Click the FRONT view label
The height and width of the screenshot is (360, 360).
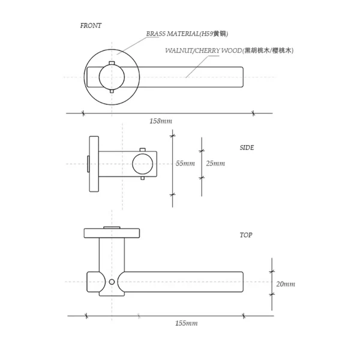pyautogui.click(x=91, y=26)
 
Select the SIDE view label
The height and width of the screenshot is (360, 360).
pyautogui.click(x=247, y=148)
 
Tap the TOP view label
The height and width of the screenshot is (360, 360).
pyautogui.click(x=245, y=235)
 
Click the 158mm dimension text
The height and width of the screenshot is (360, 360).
pyautogui.click(x=161, y=121)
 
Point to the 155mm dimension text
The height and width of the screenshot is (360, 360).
pyautogui.click(x=186, y=323)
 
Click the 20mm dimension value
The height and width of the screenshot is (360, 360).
pyautogui.click(x=285, y=284)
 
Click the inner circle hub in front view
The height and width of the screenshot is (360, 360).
pyautogui.click(x=112, y=77)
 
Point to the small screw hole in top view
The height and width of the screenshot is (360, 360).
pyautogui.click(x=112, y=281)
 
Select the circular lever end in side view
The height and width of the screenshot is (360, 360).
pyautogui.click(x=143, y=163)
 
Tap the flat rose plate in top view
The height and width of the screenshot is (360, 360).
pyautogui.click(x=112, y=233)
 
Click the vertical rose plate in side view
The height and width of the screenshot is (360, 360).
pyautogui.click(x=94, y=164)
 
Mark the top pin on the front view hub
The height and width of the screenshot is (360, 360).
pyautogui.click(x=112, y=64)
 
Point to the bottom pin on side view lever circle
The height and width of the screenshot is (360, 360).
pyautogui.click(x=143, y=178)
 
